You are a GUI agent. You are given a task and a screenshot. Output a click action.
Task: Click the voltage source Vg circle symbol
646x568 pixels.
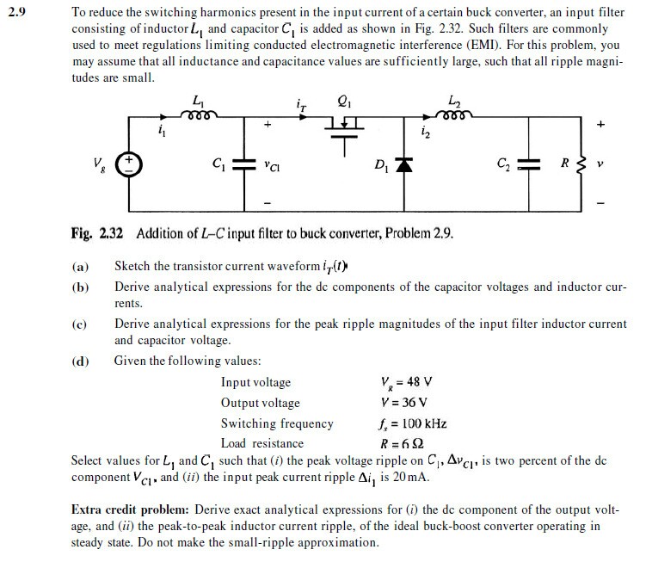tap(129, 163)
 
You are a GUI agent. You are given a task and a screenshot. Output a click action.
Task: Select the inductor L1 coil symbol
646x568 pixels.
tap(201, 113)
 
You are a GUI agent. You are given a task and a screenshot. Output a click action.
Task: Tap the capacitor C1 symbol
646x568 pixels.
tap(244, 163)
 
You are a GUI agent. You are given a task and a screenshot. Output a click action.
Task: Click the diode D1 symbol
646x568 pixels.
tap(398, 164)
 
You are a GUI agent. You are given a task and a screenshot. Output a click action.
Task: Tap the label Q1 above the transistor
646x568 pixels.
tap(345, 100)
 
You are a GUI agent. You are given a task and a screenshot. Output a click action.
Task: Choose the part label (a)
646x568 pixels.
tap(80, 268)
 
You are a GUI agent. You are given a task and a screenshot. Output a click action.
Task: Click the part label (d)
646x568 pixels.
tap(80, 361)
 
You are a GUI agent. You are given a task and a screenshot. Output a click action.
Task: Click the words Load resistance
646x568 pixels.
tap(261, 443)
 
